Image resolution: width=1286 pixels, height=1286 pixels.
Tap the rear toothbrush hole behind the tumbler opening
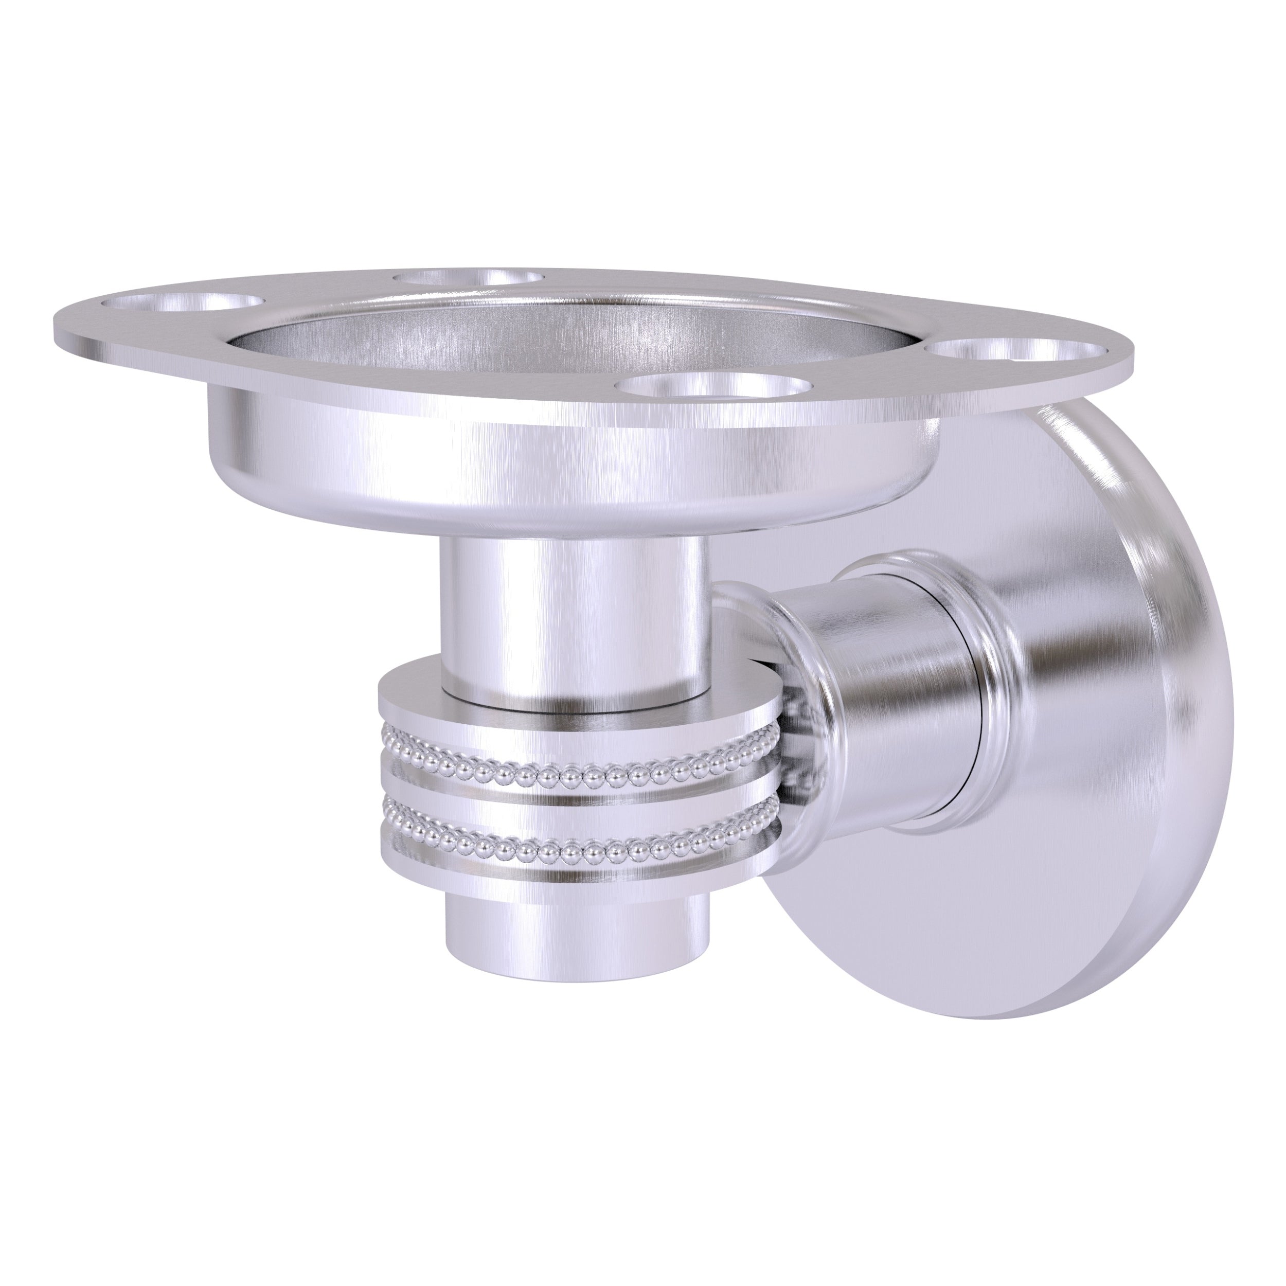466,278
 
